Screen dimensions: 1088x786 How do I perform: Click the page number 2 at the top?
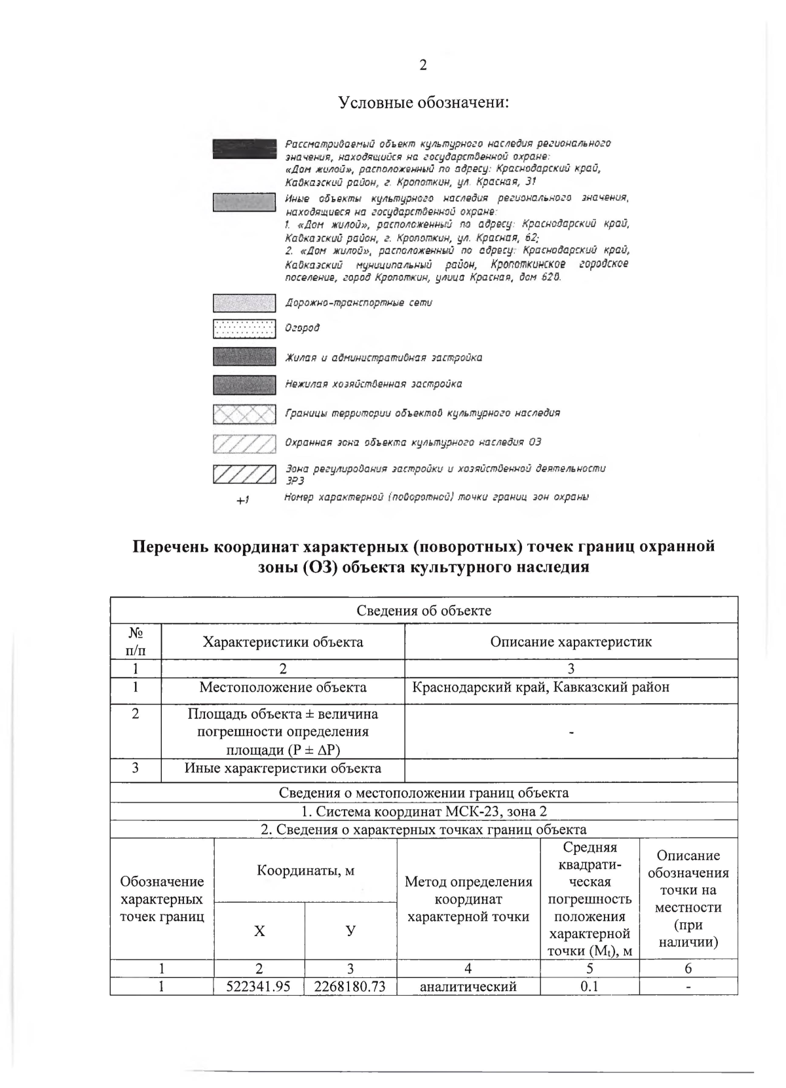(x=422, y=65)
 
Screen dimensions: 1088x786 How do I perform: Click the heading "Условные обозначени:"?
(x=424, y=103)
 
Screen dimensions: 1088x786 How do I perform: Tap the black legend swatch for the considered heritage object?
(x=244, y=149)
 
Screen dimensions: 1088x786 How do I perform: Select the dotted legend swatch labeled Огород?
(x=244, y=328)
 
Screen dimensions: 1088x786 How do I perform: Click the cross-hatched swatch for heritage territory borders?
(x=244, y=414)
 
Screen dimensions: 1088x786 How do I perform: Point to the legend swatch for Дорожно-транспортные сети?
(x=244, y=303)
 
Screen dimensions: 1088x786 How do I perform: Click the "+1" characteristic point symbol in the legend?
(x=243, y=500)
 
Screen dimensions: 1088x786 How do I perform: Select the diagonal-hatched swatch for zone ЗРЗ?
(x=244, y=473)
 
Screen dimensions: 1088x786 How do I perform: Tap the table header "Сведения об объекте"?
(x=424, y=610)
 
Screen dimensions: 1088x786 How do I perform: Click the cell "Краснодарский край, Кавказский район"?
(x=540, y=687)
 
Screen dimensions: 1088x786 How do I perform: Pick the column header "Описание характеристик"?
(x=571, y=642)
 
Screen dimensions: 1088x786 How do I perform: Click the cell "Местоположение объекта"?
(x=282, y=687)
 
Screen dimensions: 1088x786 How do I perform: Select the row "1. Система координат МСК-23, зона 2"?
(x=424, y=811)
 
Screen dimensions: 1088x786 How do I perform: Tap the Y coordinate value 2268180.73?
(x=350, y=987)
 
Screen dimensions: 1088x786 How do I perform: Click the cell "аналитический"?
(x=468, y=987)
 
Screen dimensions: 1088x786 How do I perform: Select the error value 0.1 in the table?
(x=589, y=987)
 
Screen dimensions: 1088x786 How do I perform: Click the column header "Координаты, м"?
(x=305, y=870)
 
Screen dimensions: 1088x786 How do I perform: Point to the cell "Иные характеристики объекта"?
(x=282, y=768)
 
